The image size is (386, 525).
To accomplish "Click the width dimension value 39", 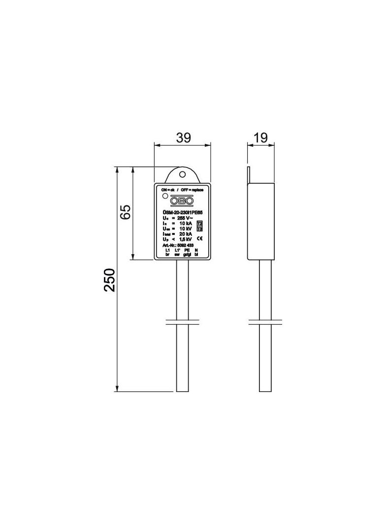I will pyautogui.click(x=183, y=138).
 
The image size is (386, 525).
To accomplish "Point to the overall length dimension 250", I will pyautogui.click(x=109, y=280).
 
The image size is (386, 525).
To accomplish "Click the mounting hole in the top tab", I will pyautogui.click(x=182, y=174).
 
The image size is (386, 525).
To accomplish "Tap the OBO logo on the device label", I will pyautogui.click(x=182, y=200).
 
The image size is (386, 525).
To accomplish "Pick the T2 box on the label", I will pyautogui.click(x=199, y=224).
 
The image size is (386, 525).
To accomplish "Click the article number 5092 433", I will pyautogui.click(x=189, y=245).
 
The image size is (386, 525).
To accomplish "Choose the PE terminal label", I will pyautogui.click(x=187, y=251).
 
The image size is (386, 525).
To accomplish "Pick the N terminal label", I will pyautogui.click(x=197, y=251).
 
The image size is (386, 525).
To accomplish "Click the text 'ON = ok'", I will pyautogui.click(x=168, y=190).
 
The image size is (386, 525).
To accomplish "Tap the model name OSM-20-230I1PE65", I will pyautogui.click(x=182, y=212).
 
